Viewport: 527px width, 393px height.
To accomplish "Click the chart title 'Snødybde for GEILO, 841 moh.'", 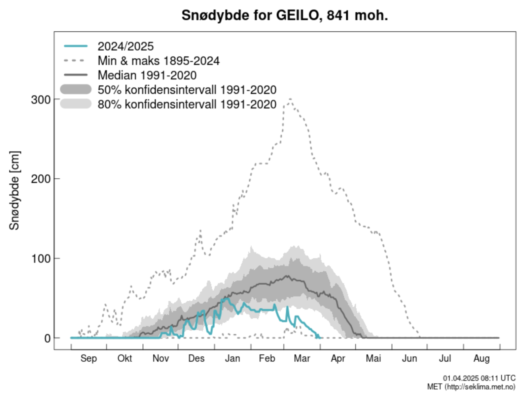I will coord(285,15).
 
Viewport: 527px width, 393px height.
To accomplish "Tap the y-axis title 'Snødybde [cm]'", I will coord(15,190).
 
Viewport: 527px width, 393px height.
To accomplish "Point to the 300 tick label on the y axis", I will coord(41,100).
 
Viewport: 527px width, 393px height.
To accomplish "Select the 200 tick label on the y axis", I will coord(41,179).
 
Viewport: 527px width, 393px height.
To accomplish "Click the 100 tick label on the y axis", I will coord(41,258).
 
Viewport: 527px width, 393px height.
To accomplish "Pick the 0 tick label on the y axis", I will coord(47,338).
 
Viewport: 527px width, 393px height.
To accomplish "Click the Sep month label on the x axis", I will coord(88,358).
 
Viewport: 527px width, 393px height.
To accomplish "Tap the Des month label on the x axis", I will coord(196,358).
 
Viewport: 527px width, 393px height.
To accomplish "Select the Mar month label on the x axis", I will coord(302,358).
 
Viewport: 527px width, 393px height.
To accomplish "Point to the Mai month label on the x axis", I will coord(373,358).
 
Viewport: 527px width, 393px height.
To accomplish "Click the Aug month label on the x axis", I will coord(481,358).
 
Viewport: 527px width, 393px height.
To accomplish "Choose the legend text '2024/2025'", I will coord(125,46).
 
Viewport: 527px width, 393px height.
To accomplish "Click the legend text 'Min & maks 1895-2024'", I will coord(158,61).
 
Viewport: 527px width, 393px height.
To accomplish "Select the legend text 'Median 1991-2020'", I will coord(147,76).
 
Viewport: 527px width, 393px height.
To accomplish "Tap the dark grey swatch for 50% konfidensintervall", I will coord(76,89).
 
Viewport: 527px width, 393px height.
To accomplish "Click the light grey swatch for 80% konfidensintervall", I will coord(76,104).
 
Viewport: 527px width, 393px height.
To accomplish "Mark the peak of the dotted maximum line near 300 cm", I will coord(290,99).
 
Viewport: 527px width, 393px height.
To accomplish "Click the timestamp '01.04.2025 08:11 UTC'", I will coord(479,378).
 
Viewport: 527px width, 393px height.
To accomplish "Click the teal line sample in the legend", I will coord(76,46).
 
